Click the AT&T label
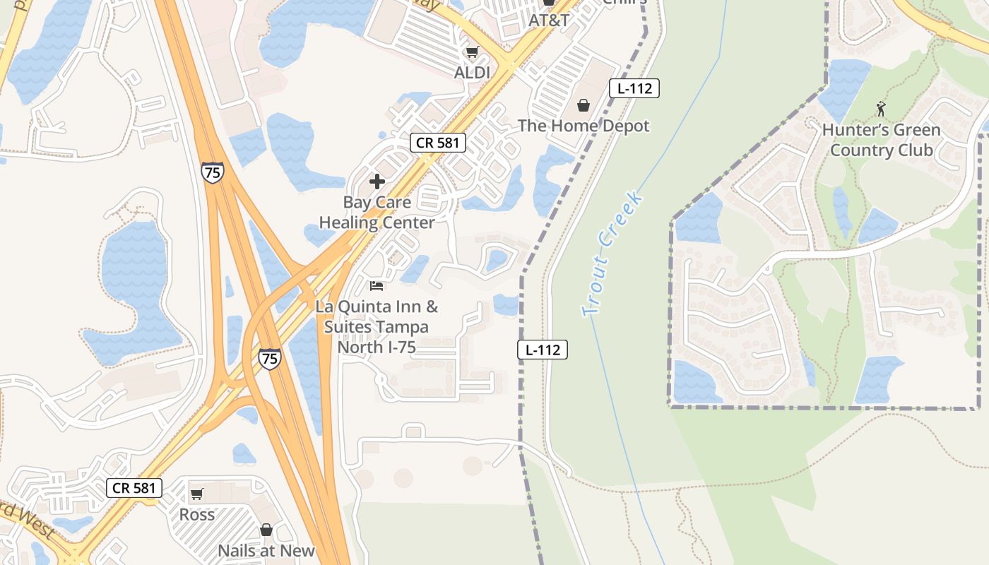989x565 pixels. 549,20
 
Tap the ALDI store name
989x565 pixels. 473,72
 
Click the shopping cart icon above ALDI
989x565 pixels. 473,52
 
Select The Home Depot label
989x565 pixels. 584,126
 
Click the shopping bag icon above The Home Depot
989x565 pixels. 584,105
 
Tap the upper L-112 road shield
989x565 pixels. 634,88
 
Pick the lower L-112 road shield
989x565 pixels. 543,349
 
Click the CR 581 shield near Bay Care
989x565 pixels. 438,143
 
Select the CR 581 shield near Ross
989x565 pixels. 135,487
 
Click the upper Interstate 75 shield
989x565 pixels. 212,172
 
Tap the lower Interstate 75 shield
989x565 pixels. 269,358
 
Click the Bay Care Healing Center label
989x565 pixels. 377,213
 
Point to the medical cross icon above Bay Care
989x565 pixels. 377,182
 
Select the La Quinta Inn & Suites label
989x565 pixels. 377,327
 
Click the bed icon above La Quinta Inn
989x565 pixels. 377,286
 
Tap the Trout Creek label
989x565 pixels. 612,254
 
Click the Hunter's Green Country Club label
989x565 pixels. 881,140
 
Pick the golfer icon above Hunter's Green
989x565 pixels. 880,108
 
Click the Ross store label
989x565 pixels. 197,514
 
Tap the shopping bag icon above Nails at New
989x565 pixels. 266,530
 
